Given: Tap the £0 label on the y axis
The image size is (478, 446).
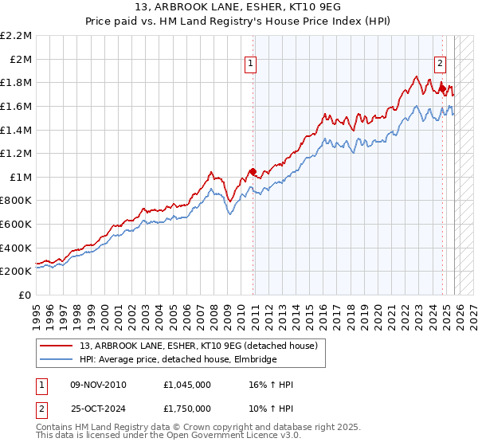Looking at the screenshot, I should [25, 295].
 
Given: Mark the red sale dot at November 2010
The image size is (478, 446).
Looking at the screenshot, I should [253, 171].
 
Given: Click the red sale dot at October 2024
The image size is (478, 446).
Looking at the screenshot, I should [442, 88].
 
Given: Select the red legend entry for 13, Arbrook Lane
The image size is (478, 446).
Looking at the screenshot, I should [199, 346].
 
